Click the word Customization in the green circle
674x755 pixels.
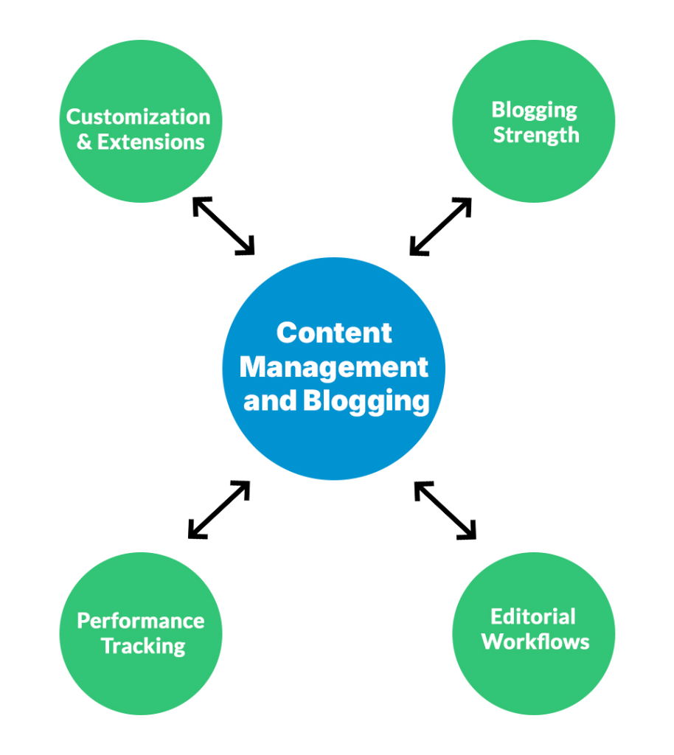(x=139, y=116)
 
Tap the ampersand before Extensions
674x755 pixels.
(x=85, y=142)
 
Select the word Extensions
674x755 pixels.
(x=150, y=142)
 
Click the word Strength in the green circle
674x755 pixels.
(x=536, y=135)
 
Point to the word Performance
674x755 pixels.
(x=141, y=620)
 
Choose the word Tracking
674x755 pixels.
(x=143, y=646)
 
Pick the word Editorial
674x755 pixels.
(x=533, y=616)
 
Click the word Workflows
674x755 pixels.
(x=535, y=641)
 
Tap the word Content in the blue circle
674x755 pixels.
(x=334, y=333)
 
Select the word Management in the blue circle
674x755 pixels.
(x=334, y=366)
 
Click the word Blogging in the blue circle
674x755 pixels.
(x=366, y=403)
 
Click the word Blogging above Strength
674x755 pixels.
(x=535, y=110)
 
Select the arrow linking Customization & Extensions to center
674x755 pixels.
(x=223, y=226)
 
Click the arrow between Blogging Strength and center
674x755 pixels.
(x=440, y=226)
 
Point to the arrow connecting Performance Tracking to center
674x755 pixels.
(x=219, y=509)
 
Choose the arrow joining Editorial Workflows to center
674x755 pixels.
(x=445, y=509)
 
